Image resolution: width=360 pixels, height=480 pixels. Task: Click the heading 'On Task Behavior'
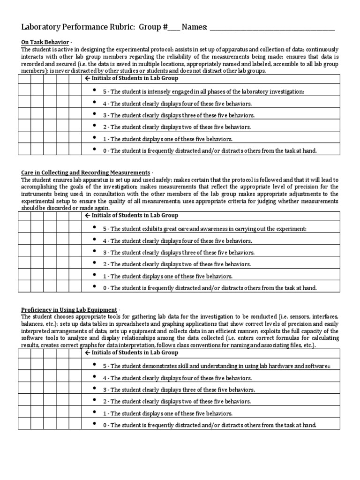pyautogui.click(x=45, y=42)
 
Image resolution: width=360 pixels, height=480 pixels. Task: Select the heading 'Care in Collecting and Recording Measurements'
pyautogui.click(x=85, y=172)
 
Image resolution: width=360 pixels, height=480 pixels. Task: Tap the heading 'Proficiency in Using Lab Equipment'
pyautogui.click(x=69, y=310)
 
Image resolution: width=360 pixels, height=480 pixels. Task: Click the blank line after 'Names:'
pyautogui.click(x=272, y=28)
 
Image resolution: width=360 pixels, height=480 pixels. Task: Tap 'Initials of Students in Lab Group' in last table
pyautogui.click(x=131, y=352)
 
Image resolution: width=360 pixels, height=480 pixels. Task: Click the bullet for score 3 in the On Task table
pyautogui.click(x=95, y=114)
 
